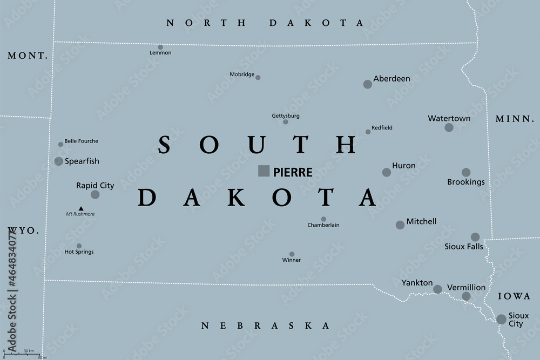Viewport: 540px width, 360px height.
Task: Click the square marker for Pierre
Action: [264, 171]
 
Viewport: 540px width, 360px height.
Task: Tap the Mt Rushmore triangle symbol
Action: [81, 208]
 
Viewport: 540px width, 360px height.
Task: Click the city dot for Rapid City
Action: [95, 194]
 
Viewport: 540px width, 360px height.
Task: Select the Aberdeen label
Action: [392, 79]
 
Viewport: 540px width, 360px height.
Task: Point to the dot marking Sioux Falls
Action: [475, 237]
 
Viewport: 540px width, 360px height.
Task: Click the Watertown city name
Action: [449, 118]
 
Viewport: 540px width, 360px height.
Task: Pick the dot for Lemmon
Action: [160, 47]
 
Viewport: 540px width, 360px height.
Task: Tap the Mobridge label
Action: [241, 75]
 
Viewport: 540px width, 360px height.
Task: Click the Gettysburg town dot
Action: [286, 122]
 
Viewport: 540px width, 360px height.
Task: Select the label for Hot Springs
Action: [79, 252]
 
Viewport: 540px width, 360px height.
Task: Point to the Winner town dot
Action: [292, 254]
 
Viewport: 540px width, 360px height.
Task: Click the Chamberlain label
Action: [323, 225]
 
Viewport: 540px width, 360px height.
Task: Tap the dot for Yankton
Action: [437, 289]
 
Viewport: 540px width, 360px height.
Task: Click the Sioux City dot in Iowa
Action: [501, 319]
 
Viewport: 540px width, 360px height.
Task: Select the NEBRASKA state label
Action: [265, 326]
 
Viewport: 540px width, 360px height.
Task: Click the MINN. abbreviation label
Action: [514, 119]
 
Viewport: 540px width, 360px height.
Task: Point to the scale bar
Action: [22, 354]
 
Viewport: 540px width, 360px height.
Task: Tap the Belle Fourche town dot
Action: [60, 144]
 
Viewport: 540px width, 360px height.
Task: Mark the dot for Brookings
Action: [466, 172]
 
